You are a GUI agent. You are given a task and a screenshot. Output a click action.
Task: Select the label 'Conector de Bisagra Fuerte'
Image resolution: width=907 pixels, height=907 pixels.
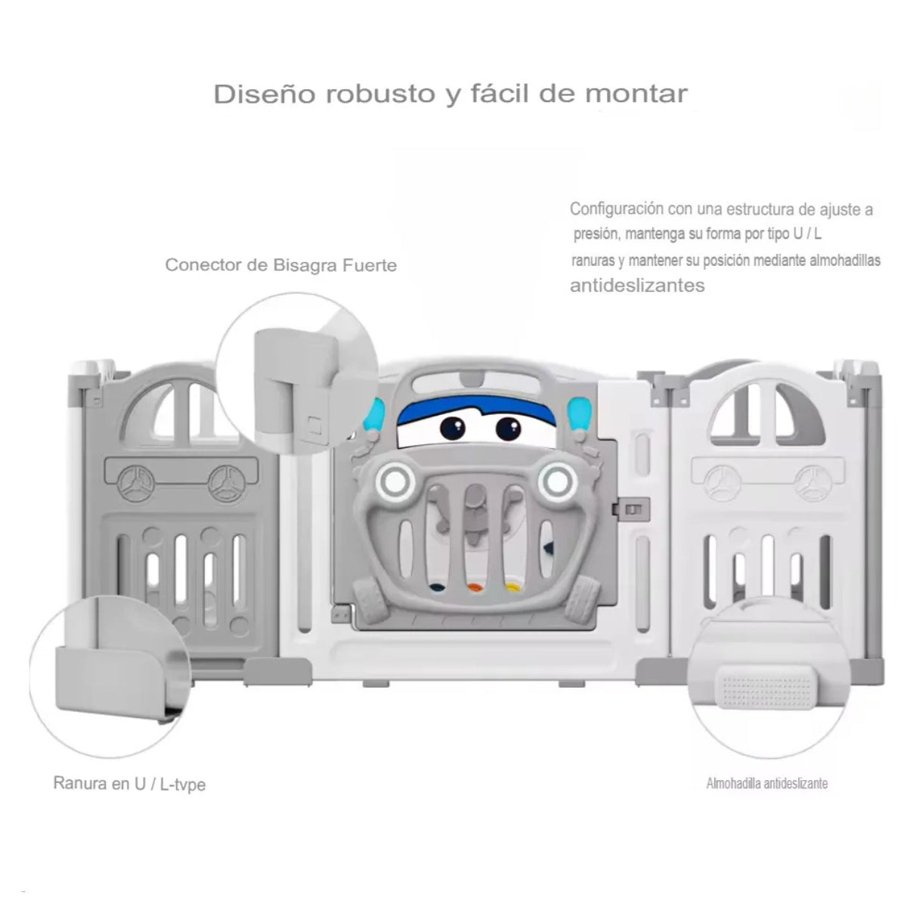pyautogui.click(x=280, y=265)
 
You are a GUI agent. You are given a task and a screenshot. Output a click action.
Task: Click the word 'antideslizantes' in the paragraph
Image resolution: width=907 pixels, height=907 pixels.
pyautogui.click(x=636, y=286)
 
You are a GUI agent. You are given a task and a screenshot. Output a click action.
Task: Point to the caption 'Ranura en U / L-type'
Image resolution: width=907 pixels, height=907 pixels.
pyautogui.click(x=129, y=783)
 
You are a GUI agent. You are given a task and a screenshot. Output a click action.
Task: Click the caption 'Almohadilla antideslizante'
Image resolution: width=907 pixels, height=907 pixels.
pyautogui.click(x=766, y=783)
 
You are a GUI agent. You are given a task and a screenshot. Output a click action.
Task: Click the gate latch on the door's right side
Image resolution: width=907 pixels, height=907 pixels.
pyautogui.click(x=632, y=510)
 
